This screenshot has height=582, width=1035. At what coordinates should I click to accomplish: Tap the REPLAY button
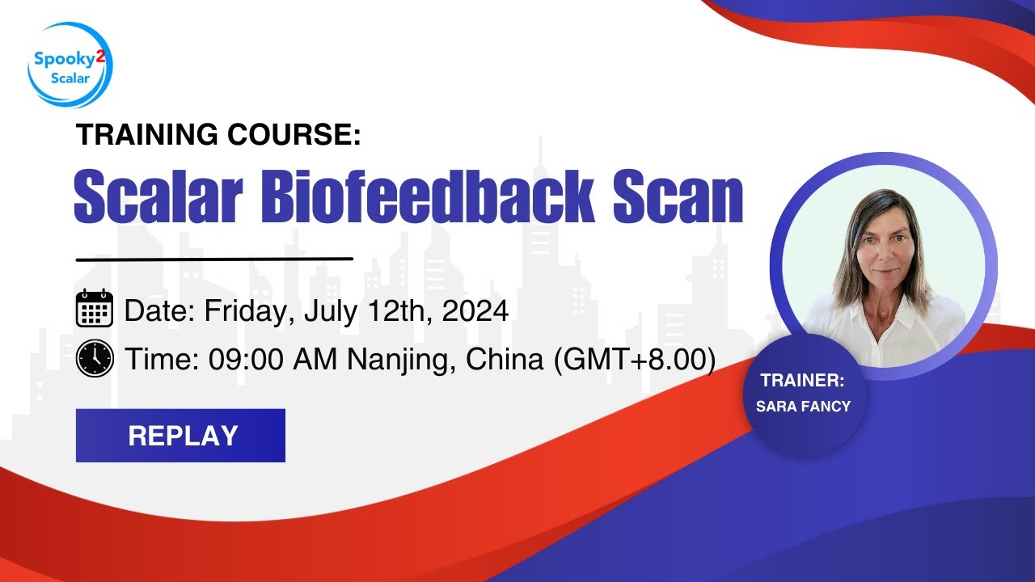180,436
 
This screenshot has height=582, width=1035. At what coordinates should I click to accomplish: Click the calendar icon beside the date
95,309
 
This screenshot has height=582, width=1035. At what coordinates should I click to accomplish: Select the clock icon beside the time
95,358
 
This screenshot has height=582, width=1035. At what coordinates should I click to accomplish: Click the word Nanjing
395,360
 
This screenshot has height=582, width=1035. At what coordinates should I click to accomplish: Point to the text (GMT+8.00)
634,360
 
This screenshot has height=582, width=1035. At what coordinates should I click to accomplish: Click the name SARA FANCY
803,406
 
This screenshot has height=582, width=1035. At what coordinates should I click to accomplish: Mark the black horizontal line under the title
214,259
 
